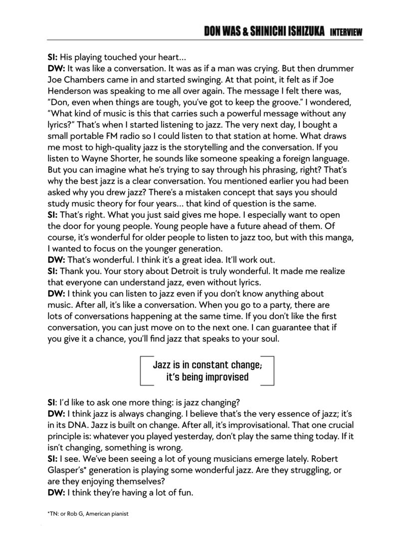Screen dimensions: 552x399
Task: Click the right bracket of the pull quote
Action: (269, 370)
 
